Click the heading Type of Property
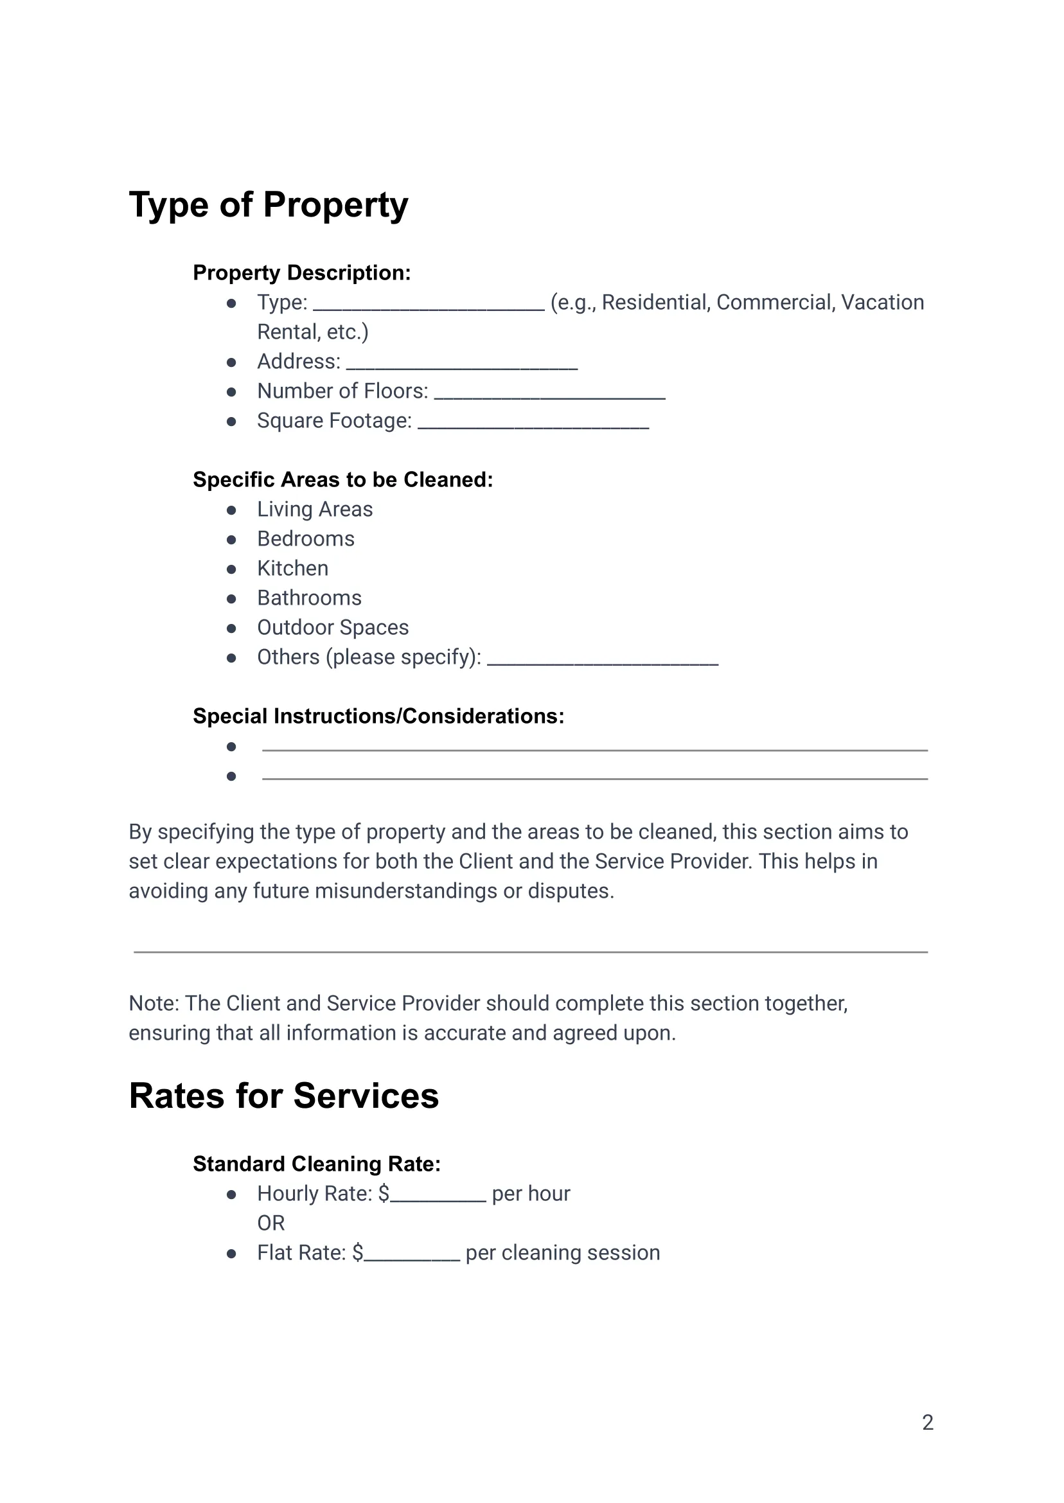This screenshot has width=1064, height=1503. pyautogui.click(x=268, y=205)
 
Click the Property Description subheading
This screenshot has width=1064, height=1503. pyautogui.click(x=301, y=272)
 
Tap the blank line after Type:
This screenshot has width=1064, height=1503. pyautogui.click(x=429, y=305)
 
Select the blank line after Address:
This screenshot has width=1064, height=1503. pyautogui.click(x=462, y=364)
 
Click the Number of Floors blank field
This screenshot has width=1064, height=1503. pyautogui.click(x=549, y=394)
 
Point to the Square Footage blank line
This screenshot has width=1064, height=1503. pyautogui.click(x=533, y=423)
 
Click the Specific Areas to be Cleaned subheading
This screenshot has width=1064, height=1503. pyautogui.click(x=342, y=479)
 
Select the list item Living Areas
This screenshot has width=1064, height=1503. pyautogui.click(x=314, y=509)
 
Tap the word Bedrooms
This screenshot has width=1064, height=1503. pyautogui.click(x=305, y=538)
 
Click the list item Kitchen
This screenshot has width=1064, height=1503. pyautogui.click(x=292, y=568)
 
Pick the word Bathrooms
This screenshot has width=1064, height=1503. pyautogui.click(x=308, y=598)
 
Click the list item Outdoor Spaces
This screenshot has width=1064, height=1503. pyautogui.click(x=332, y=627)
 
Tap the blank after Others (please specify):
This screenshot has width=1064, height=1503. pyautogui.click(x=602, y=660)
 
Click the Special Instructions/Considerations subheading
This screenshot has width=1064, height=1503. pyautogui.click(x=378, y=716)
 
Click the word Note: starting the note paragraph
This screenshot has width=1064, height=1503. pyautogui.click(x=154, y=1003)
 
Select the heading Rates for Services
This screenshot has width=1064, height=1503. pyautogui.click(x=284, y=1096)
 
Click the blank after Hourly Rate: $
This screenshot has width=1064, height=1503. pyautogui.click(x=438, y=1196)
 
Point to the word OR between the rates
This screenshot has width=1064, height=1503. pyautogui.click(x=270, y=1223)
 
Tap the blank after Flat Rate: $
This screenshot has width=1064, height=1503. pyautogui.click(x=411, y=1256)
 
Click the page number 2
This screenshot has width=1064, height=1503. pyautogui.click(x=927, y=1423)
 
